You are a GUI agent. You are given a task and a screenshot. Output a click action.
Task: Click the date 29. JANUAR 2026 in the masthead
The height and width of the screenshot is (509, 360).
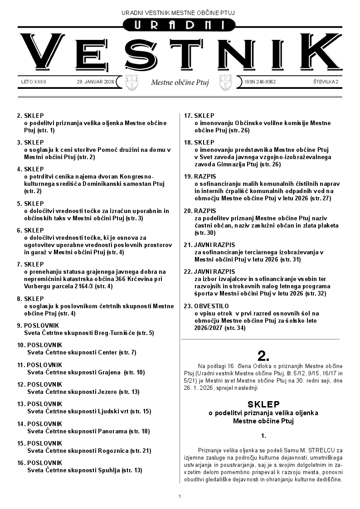click(x=96, y=82)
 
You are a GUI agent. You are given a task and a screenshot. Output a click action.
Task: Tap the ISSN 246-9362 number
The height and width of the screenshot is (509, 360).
click(x=260, y=82)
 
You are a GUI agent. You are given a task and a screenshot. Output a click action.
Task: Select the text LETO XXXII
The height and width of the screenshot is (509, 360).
click(x=34, y=82)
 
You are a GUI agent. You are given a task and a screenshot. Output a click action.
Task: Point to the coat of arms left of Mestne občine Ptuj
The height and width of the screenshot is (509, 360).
click(x=132, y=82)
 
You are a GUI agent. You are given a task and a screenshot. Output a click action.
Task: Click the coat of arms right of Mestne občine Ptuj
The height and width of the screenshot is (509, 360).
click(x=225, y=82)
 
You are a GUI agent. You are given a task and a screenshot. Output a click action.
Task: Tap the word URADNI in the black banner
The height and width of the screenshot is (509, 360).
click(x=180, y=26)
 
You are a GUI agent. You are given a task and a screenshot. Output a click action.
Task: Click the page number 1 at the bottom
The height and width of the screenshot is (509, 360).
click(x=180, y=496)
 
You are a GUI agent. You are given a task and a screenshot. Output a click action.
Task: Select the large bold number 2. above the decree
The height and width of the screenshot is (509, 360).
click(x=263, y=355)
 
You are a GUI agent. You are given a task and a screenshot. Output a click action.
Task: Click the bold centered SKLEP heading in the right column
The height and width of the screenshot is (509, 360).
click(x=263, y=404)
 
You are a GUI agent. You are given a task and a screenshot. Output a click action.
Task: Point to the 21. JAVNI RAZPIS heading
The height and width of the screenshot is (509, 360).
click(x=209, y=245)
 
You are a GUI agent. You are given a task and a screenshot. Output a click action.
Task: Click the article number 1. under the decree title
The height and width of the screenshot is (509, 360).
click(x=263, y=436)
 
